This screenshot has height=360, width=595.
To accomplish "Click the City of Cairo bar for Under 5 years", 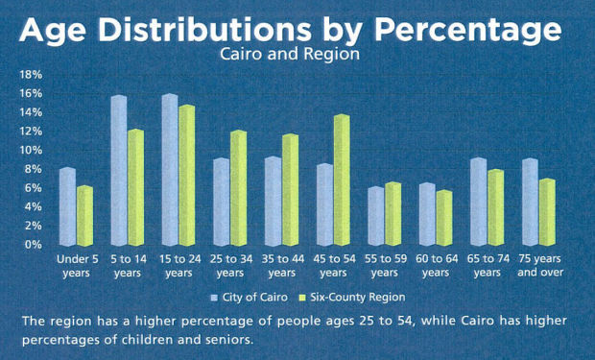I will (x=67, y=207).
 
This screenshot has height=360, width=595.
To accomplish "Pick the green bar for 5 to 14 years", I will (x=136, y=187).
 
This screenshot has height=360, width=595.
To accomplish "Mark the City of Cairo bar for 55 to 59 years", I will (x=375, y=216).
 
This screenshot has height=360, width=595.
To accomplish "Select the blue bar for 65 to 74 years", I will (x=478, y=203).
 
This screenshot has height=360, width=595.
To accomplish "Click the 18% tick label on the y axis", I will (x=31, y=74).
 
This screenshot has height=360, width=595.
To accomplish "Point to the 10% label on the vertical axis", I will (x=31, y=151).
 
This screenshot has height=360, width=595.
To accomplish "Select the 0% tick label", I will (x=34, y=245).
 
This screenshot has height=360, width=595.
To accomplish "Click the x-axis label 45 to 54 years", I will (x=335, y=266).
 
